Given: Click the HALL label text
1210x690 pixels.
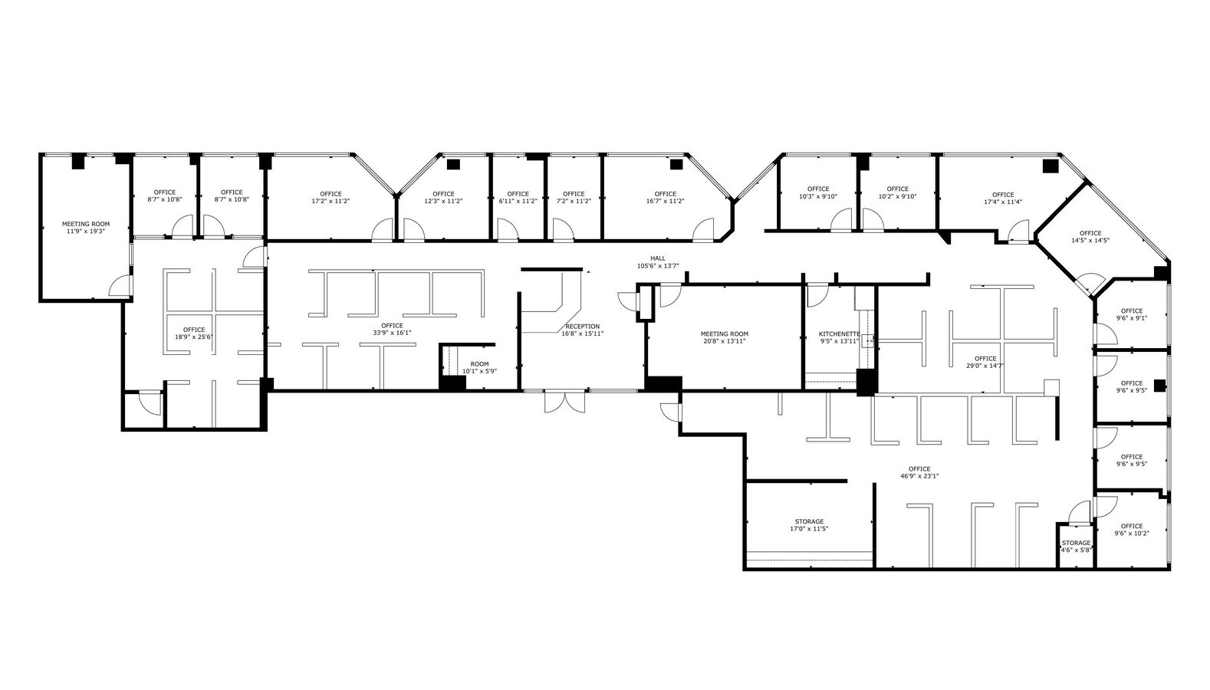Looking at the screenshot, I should coord(658,258).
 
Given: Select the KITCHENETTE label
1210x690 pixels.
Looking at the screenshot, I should coord(840,334).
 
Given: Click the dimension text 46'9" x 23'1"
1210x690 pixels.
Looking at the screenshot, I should coord(919,476).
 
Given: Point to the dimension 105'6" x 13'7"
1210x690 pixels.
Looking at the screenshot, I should coord(658,266).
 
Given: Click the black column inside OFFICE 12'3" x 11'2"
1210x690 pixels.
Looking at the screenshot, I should coord(452,163).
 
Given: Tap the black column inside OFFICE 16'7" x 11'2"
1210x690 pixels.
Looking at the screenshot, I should coord(676,163).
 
